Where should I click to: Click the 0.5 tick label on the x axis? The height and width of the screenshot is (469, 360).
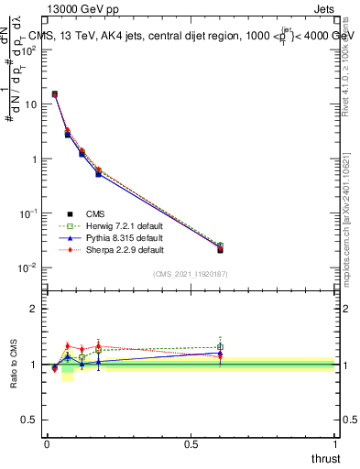click(x=191, y=443)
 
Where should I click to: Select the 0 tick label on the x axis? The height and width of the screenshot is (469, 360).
click(x=47, y=443)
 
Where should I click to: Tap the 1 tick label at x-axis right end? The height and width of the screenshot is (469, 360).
click(x=335, y=443)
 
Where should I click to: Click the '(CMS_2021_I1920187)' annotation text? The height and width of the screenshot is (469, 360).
click(x=191, y=274)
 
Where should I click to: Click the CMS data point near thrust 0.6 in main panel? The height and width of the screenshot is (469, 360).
click(x=220, y=249)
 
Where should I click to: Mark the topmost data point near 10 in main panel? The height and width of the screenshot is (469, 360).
click(x=55, y=94)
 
